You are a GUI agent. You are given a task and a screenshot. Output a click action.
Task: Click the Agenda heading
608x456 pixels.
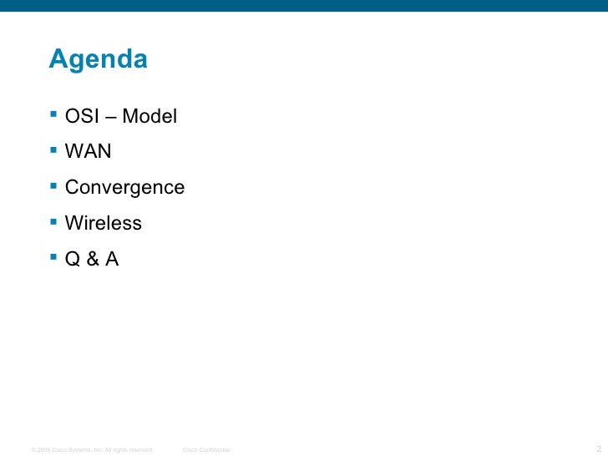(99, 60)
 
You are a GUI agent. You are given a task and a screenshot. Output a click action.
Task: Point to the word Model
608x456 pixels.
(150, 117)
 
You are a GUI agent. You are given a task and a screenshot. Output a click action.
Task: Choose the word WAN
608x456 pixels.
(89, 153)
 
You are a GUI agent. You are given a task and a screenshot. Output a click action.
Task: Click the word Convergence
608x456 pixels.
(124, 188)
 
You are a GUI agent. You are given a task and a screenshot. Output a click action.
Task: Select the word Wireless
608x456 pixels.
(104, 224)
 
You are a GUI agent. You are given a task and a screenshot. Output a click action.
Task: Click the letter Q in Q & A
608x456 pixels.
(73, 260)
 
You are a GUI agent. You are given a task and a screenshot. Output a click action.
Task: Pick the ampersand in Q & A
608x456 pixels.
(91, 260)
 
